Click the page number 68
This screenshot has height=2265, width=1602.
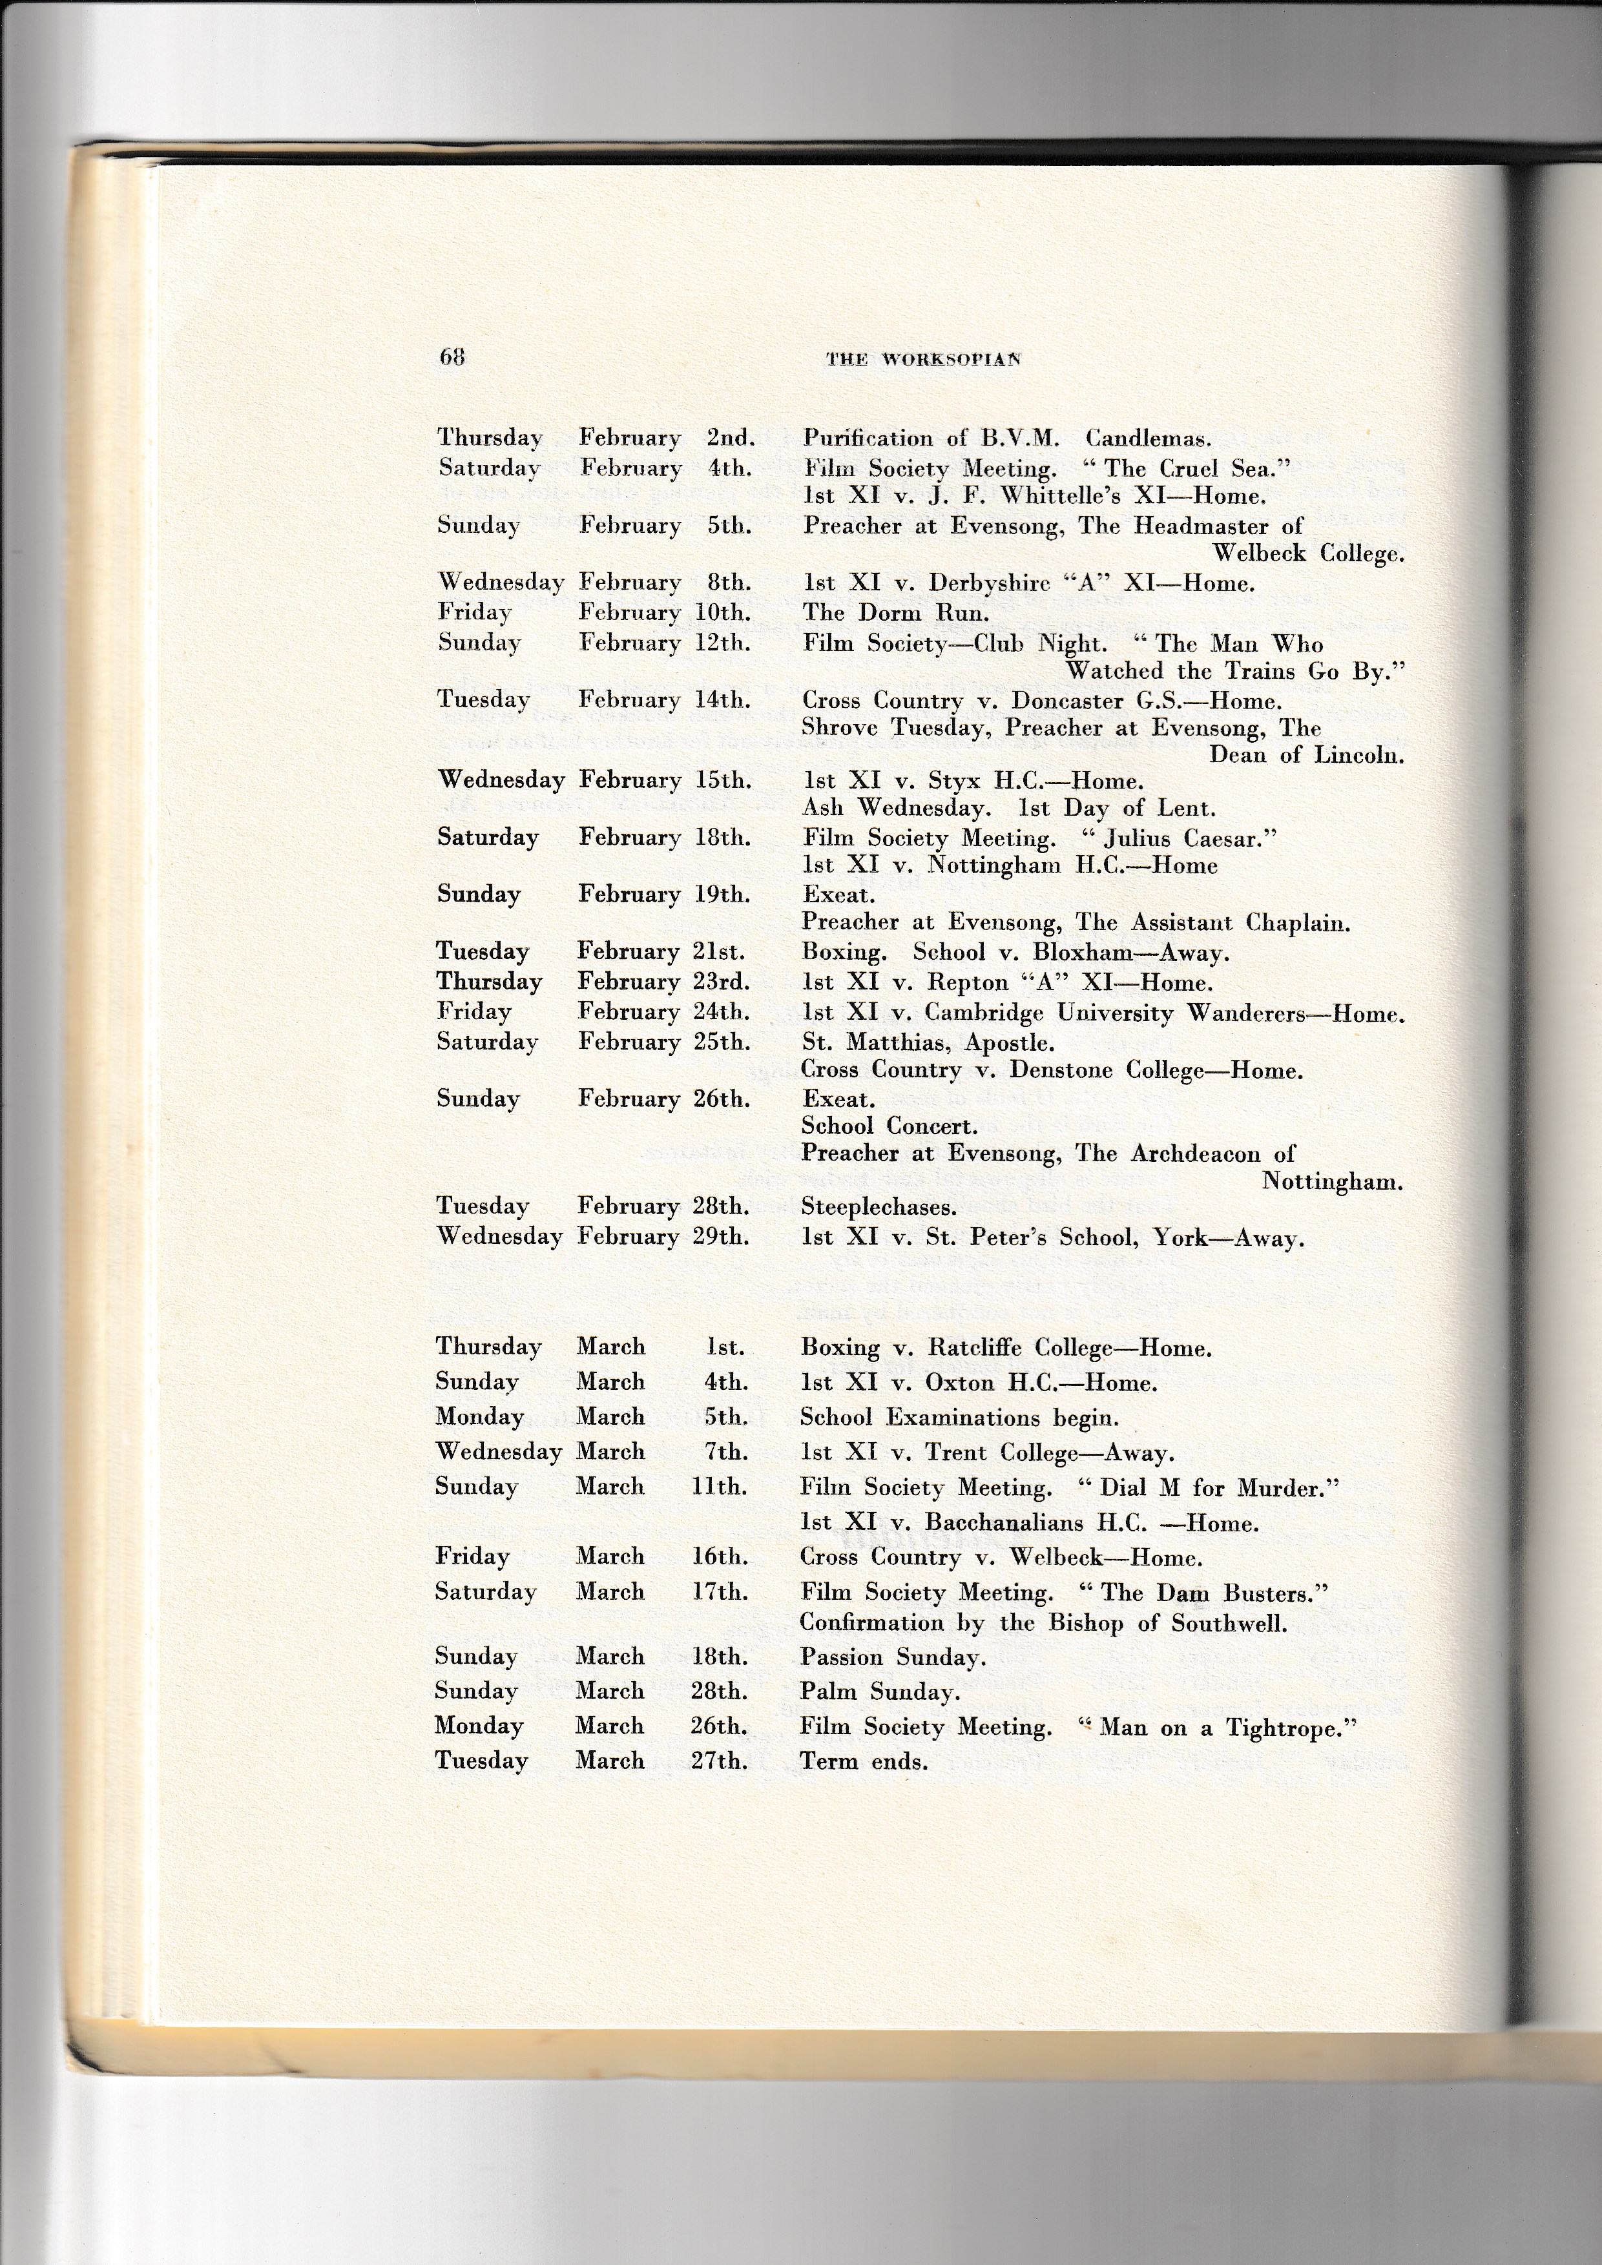pos(452,357)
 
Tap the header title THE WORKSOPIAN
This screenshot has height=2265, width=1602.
pos(922,359)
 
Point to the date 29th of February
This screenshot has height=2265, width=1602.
pos(720,1237)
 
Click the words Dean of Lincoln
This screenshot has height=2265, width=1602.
pos(1306,756)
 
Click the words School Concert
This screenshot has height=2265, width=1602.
pos(888,1126)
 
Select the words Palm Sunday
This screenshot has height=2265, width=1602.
pos(879,1692)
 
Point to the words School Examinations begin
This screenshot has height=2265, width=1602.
pos(959,1418)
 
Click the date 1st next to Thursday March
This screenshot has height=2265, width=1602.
pos(725,1347)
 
